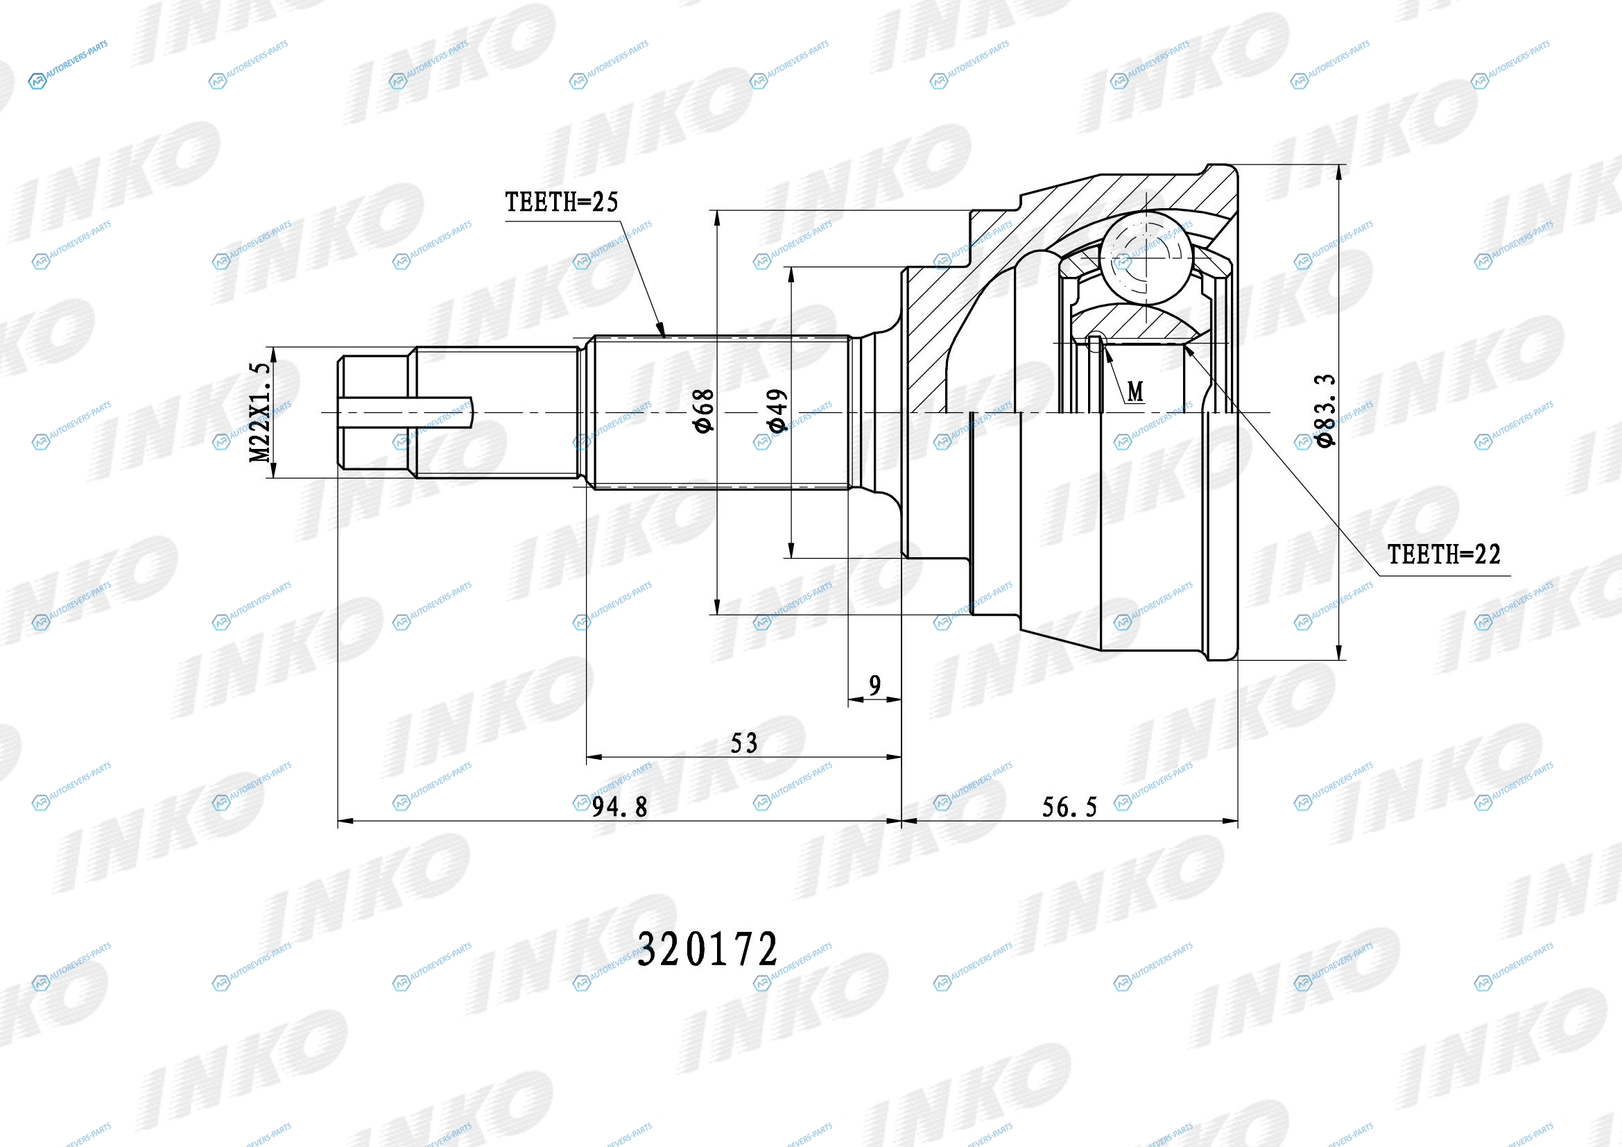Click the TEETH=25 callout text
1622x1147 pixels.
[562, 202]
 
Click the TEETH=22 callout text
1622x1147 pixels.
[1444, 555]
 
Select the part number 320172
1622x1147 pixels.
[707, 949]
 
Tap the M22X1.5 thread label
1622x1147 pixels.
[260, 413]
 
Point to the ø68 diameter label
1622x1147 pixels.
[705, 411]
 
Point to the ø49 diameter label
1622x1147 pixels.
[777, 411]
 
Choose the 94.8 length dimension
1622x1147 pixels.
[619, 806]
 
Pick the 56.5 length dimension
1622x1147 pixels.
[1070, 806]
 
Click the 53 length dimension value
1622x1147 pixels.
[744, 742]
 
